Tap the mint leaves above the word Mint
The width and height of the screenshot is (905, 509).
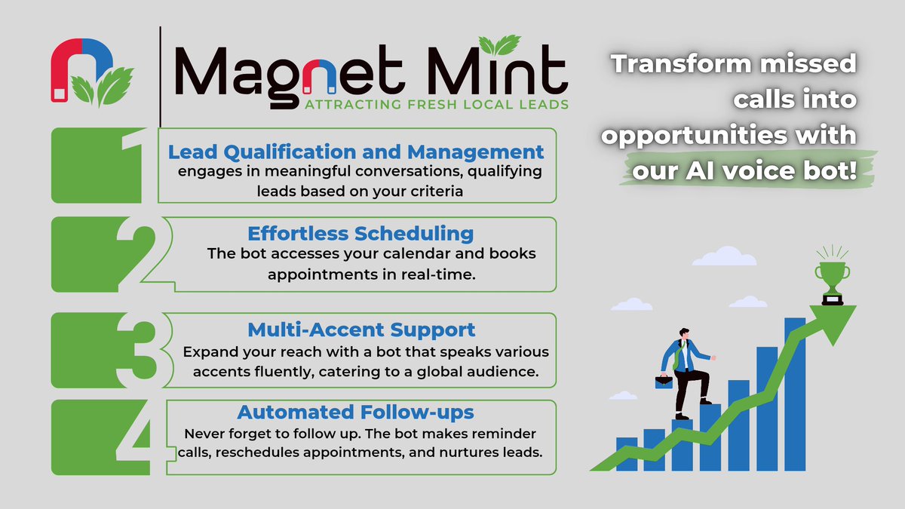(499, 45)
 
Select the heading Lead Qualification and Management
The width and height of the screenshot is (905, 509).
(356, 151)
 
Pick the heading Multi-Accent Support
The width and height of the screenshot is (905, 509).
(361, 330)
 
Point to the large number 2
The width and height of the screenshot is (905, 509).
(140, 253)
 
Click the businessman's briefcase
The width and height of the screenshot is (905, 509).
(664, 381)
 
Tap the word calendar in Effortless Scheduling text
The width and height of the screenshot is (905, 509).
(394, 253)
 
